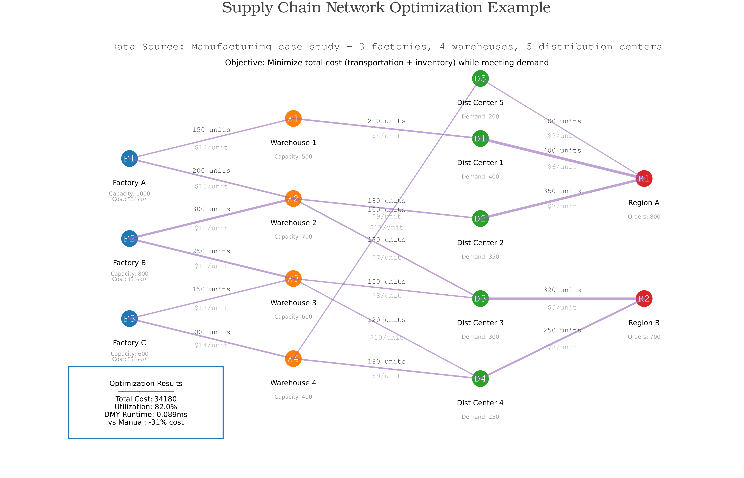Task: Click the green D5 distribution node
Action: click(480, 79)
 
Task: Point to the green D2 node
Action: click(480, 218)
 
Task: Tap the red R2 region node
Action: click(644, 299)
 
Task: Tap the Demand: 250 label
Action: click(480, 417)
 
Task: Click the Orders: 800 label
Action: click(644, 217)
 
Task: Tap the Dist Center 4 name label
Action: click(480, 403)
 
